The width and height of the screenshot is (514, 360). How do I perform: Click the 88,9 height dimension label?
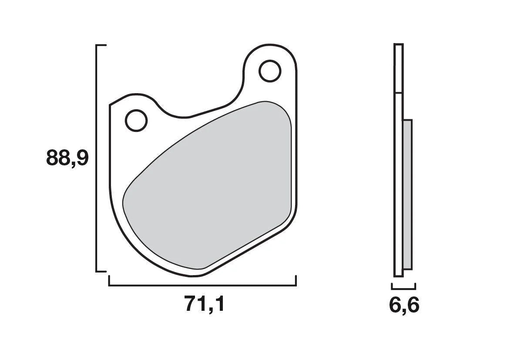[x=67, y=158]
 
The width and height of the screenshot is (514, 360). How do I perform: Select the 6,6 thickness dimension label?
[x=404, y=306]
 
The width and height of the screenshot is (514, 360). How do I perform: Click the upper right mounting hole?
[x=270, y=71]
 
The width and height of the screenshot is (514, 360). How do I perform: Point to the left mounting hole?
[x=136, y=120]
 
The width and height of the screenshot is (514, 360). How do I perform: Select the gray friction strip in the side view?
[x=407, y=194]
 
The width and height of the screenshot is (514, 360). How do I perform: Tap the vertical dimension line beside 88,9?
[x=96, y=158]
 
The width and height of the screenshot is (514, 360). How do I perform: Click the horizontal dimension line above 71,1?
[x=202, y=286]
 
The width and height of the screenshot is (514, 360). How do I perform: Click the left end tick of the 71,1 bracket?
[x=109, y=281]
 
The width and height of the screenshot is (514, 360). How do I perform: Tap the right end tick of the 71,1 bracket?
[x=296, y=281]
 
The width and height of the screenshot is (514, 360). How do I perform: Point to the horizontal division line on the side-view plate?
[x=398, y=93]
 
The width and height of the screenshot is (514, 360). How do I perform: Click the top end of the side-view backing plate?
[x=398, y=45]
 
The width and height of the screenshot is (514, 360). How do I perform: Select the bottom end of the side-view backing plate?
[x=398, y=276]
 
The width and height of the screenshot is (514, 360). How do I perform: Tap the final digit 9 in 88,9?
[x=81, y=158]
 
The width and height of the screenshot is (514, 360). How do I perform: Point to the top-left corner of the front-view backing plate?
[x=110, y=105]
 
